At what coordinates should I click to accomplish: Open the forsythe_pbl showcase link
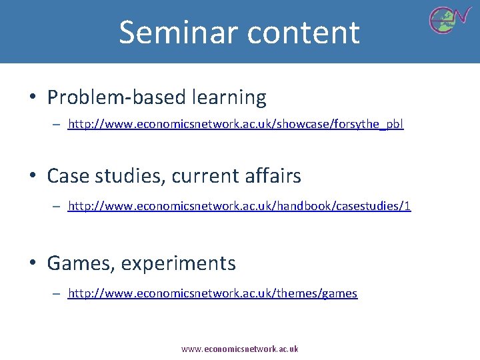coord(236,124)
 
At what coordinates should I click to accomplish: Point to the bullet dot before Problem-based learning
coord(32,98)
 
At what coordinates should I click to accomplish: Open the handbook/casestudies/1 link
coord(239,207)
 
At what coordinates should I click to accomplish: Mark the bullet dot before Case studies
coord(32,177)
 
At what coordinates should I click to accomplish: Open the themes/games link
coord(213,293)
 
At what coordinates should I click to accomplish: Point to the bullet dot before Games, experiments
coord(32,264)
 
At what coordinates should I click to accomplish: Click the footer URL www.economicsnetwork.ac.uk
coord(240,349)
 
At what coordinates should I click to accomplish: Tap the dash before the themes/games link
coord(58,293)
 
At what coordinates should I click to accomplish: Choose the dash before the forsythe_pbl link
coord(58,124)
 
